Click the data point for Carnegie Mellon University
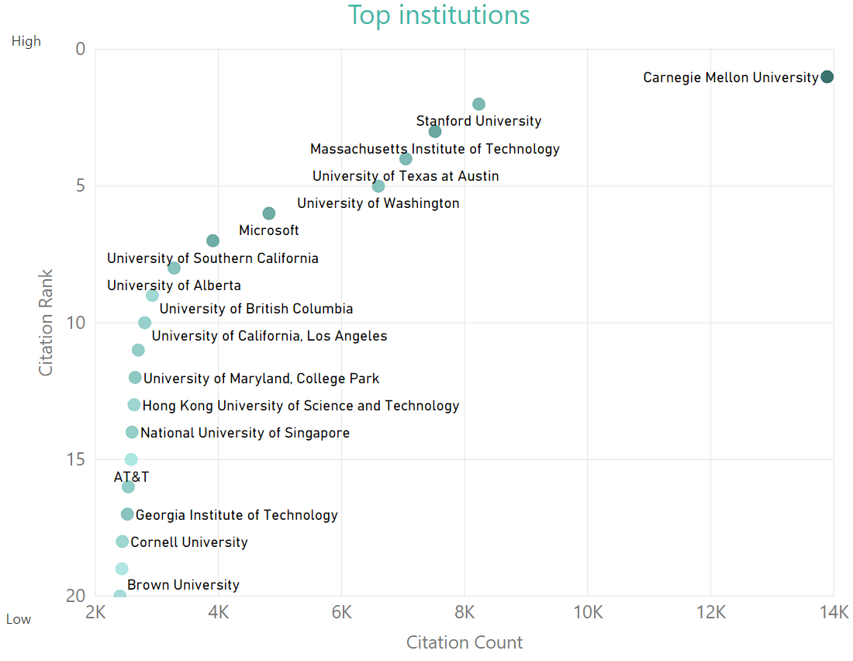827,77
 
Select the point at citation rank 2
478,104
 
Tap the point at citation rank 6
269,213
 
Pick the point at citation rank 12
135,378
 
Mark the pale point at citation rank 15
131,459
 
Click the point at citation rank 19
122,569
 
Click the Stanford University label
478,121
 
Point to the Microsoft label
268,230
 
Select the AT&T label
131,477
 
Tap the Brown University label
183,585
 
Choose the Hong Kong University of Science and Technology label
301,406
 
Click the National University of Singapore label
245,433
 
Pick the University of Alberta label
174,286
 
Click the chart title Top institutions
438,15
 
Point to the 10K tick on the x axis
587,612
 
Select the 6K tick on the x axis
341,612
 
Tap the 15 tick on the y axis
75,459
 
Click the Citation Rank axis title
47,323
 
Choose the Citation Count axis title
464,642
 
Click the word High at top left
26,41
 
